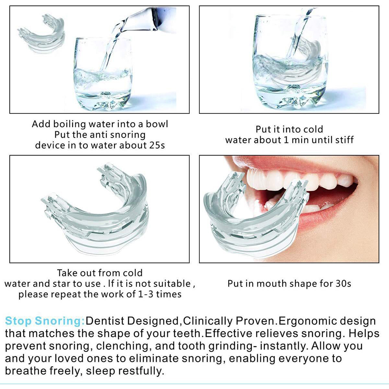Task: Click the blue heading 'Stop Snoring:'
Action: (x=45, y=321)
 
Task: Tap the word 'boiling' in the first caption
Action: (x=69, y=124)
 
